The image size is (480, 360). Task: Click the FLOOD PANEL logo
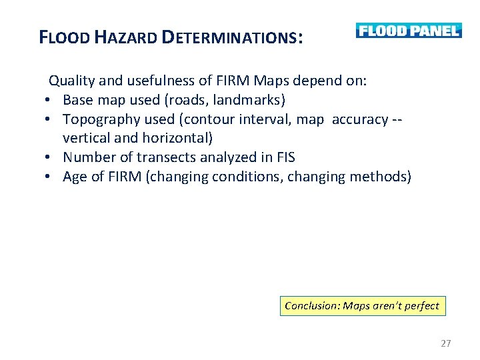(408, 31)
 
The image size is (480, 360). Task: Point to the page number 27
(446, 343)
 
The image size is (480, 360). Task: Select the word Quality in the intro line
(71, 81)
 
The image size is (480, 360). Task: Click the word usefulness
(163, 81)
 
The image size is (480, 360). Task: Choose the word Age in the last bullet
(74, 177)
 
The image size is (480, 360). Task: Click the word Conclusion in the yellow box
(311, 306)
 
